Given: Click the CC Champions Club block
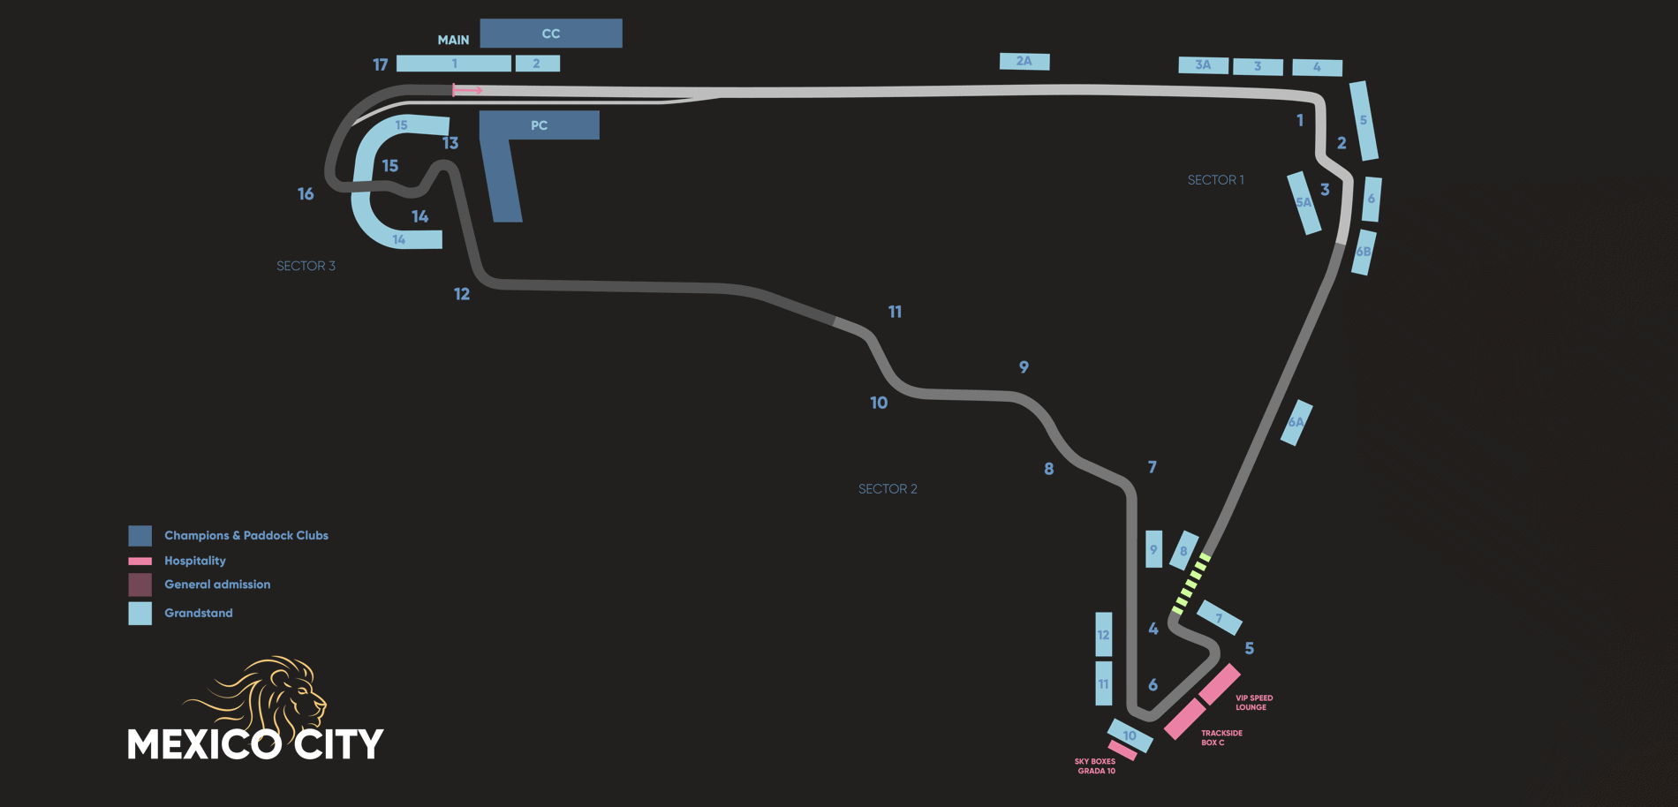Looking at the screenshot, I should [x=551, y=34].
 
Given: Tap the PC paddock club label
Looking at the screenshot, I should [x=539, y=125].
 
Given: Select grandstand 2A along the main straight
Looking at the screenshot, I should [x=1024, y=61].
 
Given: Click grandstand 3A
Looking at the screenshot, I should [x=1203, y=64].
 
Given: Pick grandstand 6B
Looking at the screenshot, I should [x=1364, y=252].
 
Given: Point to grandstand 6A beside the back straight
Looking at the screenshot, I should [x=1296, y=422].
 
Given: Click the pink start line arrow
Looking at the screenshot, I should [x=467, y=90].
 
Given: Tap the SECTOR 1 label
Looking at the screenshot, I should [x=1215, y=180].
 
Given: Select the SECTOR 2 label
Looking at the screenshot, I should [x=888, y=489].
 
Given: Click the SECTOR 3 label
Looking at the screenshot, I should [x=306, y=266].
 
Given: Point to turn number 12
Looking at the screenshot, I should [x=462, y=294].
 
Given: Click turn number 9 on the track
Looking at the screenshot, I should [x=1024, y=367].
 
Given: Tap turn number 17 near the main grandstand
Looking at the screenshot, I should [x=381, y=64].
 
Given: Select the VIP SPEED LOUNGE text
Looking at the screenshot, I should [x=1253, y=703].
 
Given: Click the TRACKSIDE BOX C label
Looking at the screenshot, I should [x=1221, y=738].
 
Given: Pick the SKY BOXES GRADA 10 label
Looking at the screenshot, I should [x=1095, y=766].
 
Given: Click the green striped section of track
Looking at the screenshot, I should [x=1190, y=583].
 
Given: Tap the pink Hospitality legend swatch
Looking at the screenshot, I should [x=140, y=561].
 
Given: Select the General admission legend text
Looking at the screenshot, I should [x=217, y=585].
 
